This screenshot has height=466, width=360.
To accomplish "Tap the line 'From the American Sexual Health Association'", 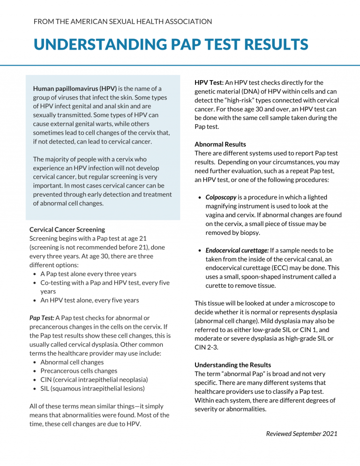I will pos(123,22).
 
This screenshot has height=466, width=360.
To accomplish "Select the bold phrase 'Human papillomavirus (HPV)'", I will pos(75,89).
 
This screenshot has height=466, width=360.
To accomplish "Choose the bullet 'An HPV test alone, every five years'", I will pos(90,300).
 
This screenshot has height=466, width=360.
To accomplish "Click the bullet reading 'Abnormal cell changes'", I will pos(72,362).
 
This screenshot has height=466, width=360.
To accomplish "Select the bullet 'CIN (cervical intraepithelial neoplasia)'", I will pos(94,379).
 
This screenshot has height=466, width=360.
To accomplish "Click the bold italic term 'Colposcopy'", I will pos(221,197).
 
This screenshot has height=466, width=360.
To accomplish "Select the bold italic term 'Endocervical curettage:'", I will pos(237,250).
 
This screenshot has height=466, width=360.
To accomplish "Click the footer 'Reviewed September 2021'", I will pos(301,434).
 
